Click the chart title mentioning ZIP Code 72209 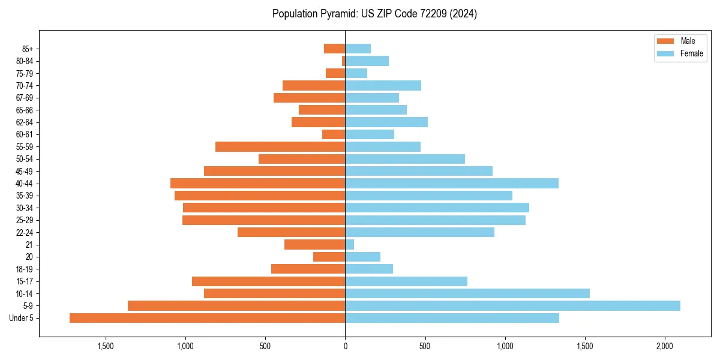[374, 14]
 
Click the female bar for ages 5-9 [512, 306]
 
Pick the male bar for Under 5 [207, 318]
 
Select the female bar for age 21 [349, 245]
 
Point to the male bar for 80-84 [343, 61]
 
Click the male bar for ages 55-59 [280, 146]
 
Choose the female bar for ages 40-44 [452, 183]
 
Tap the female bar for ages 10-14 [467, 293]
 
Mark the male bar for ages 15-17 [268, 281]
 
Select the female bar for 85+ [358, 49]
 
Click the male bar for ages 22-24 [291, 232]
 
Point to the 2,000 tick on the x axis [665, 346]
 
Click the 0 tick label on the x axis [345, 346]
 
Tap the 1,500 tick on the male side [105, 346]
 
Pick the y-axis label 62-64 [25, 122]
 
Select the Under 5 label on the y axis [21, 318]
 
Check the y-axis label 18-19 [25, 269]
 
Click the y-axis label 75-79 [25, 73]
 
